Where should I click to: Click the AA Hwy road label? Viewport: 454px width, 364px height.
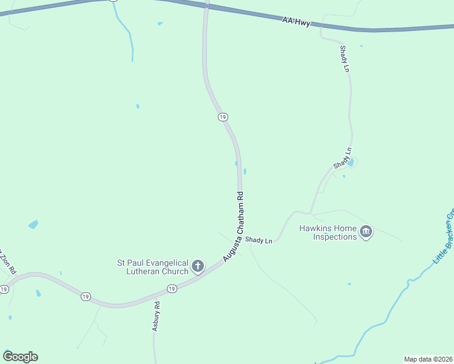click(x=296, y=22)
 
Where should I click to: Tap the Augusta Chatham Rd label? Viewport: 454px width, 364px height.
click(x=233, y=226)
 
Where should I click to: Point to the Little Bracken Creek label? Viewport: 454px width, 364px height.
click(x=444, y=238)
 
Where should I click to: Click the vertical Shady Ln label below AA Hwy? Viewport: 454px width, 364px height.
click(x=344, y=59)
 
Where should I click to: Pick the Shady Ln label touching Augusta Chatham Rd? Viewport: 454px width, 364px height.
click(x=259, y=240)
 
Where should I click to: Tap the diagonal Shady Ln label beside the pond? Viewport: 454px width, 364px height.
click(x=342, y=158)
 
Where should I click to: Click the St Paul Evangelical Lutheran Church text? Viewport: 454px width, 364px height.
click(x=153, y=267)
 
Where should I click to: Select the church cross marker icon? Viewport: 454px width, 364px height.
click(x=198, y=266)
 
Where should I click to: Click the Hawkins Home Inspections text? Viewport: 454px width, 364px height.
click(x=327, y=232)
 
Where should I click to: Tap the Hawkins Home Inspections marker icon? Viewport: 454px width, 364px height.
click(x=366, y=232)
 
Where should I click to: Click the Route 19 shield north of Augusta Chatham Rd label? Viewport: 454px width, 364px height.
click(x=222, y=116)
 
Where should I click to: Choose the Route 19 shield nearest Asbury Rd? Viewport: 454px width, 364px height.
click(x=172, y=289)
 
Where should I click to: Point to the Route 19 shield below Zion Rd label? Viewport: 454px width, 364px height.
click(x=5, y=289)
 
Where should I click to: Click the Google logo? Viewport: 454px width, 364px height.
click(x=20, y=357)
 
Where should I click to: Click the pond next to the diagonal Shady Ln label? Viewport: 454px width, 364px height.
click(x=351, y=162)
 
